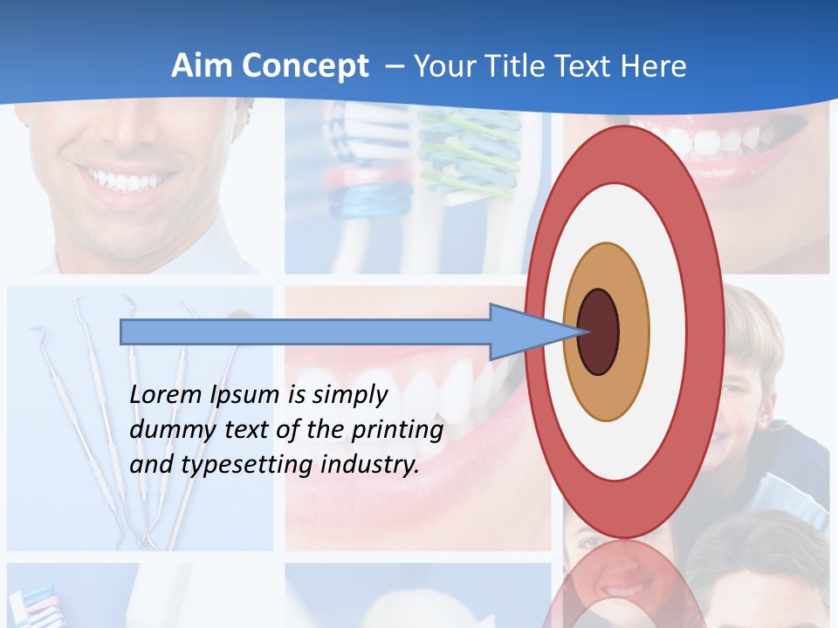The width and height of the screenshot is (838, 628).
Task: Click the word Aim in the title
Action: [200, 65]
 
